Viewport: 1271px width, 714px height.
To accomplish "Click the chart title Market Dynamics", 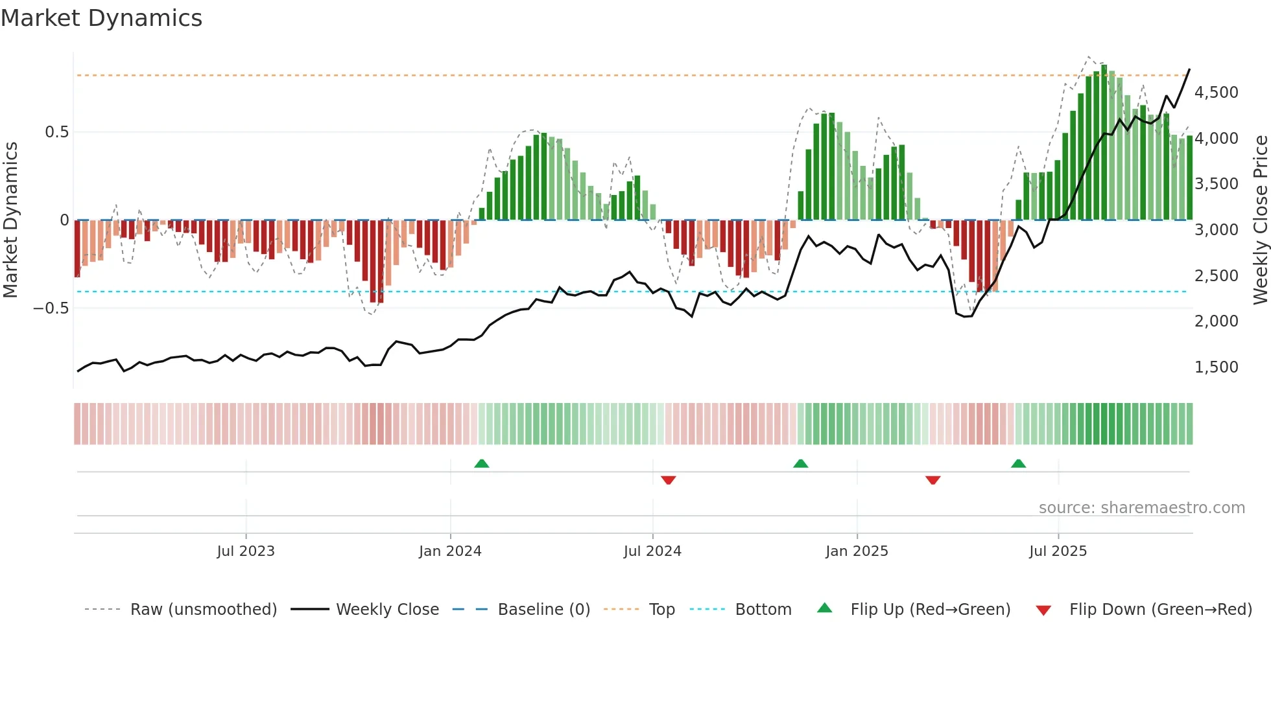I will coord(101,18).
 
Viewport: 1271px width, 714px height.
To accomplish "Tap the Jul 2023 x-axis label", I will coord(246,551).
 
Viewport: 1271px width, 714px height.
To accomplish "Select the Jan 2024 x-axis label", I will coord(450,551).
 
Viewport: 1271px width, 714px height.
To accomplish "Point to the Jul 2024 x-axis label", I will coord(652,551).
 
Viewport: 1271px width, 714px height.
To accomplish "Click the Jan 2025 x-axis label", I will coord(857,551).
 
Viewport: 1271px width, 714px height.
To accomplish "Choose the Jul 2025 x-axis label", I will coord(1058,551).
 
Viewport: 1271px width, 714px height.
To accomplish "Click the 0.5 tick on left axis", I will coord(56,132).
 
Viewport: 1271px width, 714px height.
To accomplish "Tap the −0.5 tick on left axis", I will coord(51,308).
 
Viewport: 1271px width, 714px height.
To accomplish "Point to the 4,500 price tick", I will coord(1216,93).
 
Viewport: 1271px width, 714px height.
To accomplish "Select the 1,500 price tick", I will coord(1216,367).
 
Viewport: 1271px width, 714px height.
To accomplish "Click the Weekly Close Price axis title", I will coord(1260,220).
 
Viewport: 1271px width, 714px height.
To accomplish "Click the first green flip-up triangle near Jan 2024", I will coord(481,464).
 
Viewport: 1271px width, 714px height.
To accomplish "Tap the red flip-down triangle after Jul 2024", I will coord(668,479).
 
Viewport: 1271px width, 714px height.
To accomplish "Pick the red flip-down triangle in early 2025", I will coord(932,479).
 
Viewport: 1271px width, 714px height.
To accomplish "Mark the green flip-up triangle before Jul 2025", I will coord(1018,464).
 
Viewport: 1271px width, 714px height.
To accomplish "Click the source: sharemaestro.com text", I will coord(1141,508).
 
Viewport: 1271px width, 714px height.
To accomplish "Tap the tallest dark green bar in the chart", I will coord(1104,143).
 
